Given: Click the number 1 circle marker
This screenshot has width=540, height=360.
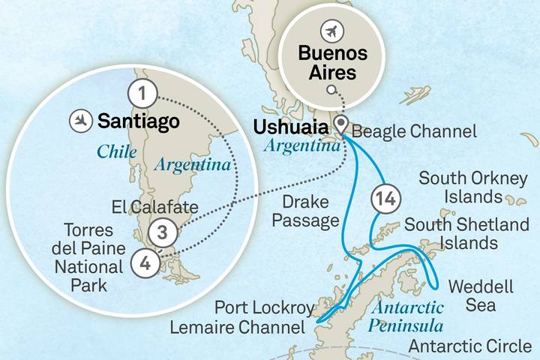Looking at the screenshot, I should (142, 94).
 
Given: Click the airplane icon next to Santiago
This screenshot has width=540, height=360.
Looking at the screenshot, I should (79, 119).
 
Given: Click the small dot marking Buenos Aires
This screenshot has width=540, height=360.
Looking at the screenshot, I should (330, 90).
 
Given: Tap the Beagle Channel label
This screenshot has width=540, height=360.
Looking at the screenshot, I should (414, 132).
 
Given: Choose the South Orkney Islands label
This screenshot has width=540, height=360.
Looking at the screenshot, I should (460, 187).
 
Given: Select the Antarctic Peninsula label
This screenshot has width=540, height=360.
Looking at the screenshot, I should (405, 316).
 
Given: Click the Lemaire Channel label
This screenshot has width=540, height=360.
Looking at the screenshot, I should (237, 328).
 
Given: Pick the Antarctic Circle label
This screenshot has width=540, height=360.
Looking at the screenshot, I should (471, 346).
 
